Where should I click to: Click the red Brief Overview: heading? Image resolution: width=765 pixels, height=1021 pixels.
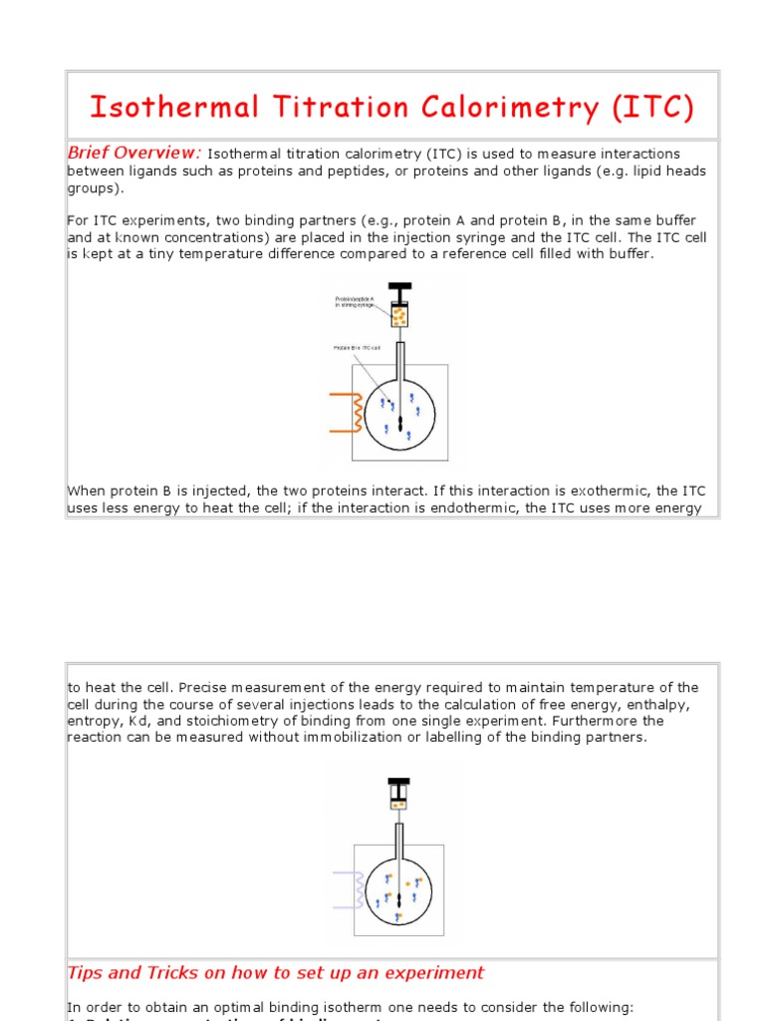[133, 153]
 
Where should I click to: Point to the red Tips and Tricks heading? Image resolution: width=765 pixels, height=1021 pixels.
[275, 972]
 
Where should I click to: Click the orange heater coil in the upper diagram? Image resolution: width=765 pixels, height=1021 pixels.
[345, 412]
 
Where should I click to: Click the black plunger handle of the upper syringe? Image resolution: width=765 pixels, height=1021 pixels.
[399, 292]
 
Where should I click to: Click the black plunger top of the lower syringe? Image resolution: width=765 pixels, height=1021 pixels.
[398, 783]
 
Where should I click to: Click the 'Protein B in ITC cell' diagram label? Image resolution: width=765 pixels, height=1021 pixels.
[357, 348]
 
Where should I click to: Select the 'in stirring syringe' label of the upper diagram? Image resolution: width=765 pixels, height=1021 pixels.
[355, 305]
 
